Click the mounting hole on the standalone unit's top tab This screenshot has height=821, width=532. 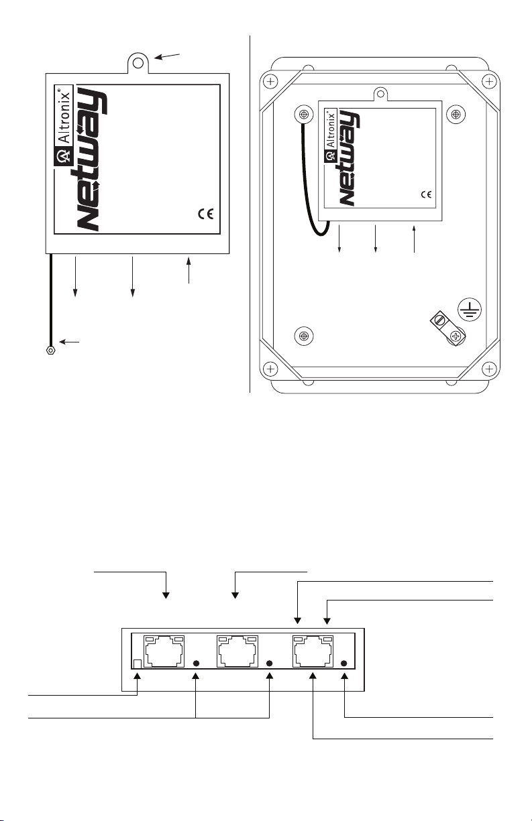[138, 64]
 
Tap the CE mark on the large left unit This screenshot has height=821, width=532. [206, 214]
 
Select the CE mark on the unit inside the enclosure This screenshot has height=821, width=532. [426, 194]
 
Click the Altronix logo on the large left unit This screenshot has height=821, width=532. [64, 126]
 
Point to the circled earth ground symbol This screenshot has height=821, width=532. [470, 310]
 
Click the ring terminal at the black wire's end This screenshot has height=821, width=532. [50, 351]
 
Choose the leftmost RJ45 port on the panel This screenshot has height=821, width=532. [164, 651]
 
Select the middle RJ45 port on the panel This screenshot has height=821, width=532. [237, 651]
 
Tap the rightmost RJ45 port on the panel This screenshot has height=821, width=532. [313, 651]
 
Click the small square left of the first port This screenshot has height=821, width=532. [138, 664]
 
